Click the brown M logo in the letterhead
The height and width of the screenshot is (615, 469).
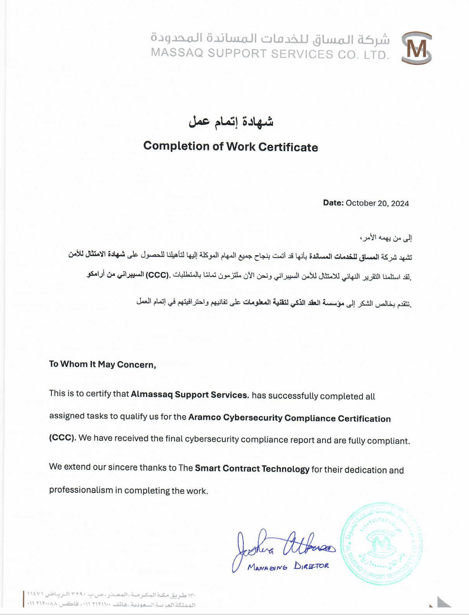pyautogui.click(x=416, y=48)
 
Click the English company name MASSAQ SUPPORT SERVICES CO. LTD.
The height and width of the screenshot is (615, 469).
pyautogui.click(x=270, y=54)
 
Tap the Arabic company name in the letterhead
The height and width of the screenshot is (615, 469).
pyautogui.click(x=270, y=38)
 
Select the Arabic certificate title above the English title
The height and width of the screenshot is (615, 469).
pyautogui.click(x=231, y=121)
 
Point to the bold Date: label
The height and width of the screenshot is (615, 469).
pyautogui.click(x=333, y=203)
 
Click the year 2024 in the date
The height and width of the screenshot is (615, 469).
pyautogui.click(x=400, y=203)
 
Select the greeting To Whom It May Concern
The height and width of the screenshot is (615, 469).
pyautogui.click(x=102, y=365)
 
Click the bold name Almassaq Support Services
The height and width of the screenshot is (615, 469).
pyautogui.click(x=189, y=395)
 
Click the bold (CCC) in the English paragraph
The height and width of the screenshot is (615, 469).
pyautogui.click(x=62, y=438)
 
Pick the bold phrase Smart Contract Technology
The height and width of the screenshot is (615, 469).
pyautogui.click(x=252, y=469)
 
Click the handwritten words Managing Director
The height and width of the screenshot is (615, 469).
pyautogui.click(x=288, y=567)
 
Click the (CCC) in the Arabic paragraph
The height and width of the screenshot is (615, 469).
pyautogui.click(x=157, y=275)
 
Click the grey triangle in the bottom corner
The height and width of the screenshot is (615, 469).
pyautogui.click(x=443, y=602)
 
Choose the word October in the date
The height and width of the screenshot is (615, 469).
pyautogui.click(x=360, y=203)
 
